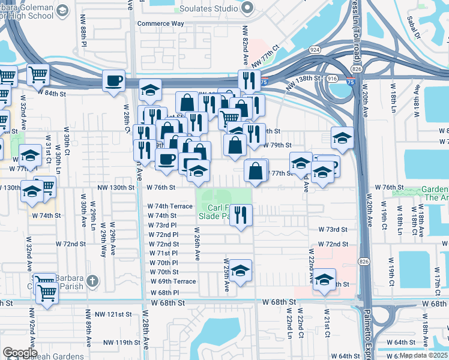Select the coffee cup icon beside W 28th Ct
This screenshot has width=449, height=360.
(x=113, y=80)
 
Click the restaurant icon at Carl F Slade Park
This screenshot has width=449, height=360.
(x=241, y=215)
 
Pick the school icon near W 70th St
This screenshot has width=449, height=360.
(x=240, y=270)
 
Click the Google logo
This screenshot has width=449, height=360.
(x=20, y=353)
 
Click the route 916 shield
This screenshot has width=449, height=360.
(x=331, y=78)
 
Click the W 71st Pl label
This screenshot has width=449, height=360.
(x=163, y=253)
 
